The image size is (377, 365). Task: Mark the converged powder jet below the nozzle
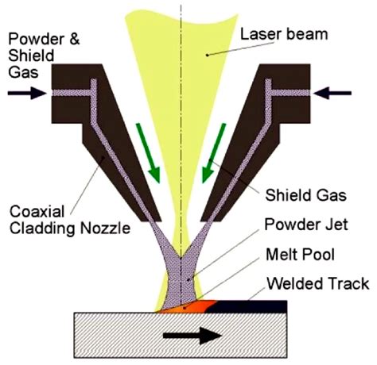point(184,270)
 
